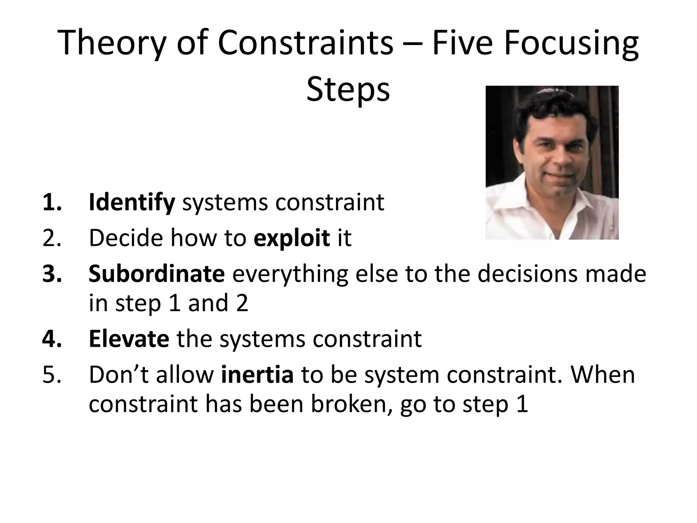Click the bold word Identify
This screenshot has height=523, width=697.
coord(132,203)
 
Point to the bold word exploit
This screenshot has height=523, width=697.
coord(292,238)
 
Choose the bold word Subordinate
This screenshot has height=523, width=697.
coord(157,274)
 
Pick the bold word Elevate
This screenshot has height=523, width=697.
coord(129,339)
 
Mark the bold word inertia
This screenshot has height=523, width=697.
coord(257,375)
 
